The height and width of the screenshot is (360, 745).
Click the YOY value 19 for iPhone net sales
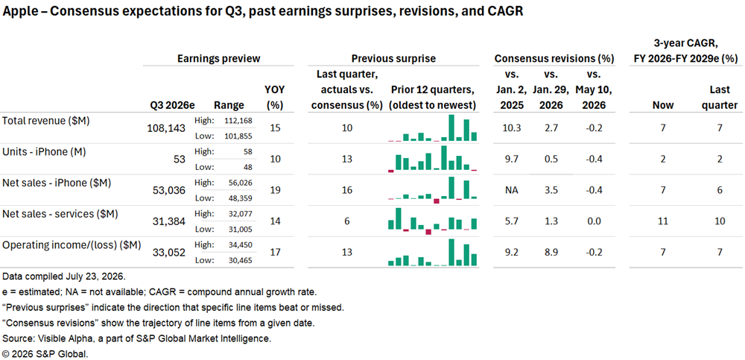275,190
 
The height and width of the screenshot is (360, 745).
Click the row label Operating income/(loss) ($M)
72,245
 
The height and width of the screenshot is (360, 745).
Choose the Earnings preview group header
218,58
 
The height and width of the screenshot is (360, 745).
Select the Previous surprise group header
393,58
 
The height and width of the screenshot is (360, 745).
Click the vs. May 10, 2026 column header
591,90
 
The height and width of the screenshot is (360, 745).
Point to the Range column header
229,105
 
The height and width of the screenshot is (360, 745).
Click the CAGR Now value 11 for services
663,221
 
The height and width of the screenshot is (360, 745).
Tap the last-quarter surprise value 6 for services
347,221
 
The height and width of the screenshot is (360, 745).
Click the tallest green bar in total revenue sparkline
451,128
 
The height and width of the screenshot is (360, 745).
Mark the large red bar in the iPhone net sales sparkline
436,201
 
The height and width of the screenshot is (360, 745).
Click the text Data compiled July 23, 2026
64,277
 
